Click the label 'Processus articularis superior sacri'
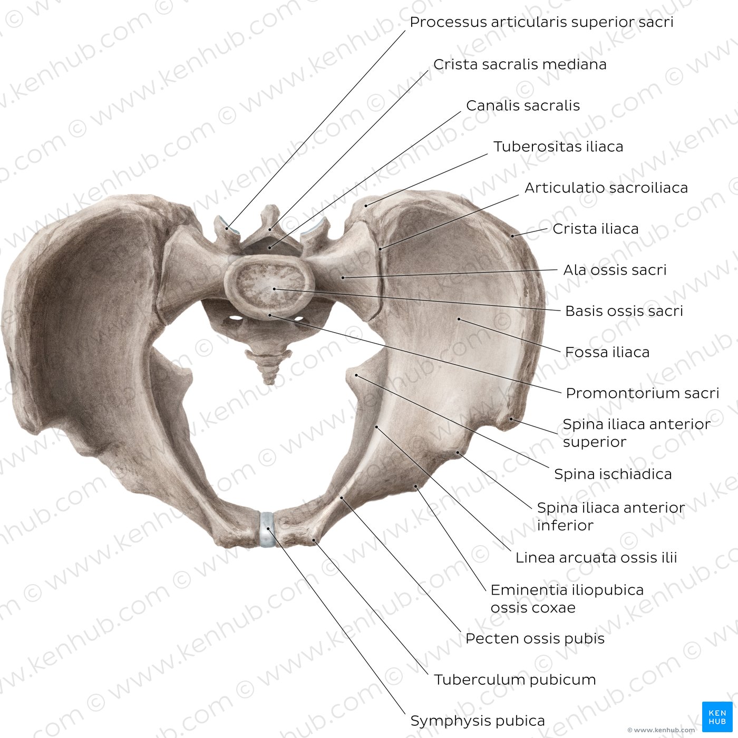(541, 22)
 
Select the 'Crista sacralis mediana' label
(520, 64)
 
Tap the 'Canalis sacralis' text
(523, 105)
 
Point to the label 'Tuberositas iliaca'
(558, 147)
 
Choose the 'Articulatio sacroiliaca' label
(606, 188)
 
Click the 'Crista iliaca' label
(596, 229)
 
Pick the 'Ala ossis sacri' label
(615, 270)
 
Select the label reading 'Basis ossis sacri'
(624, 311)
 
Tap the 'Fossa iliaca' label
(607, 352)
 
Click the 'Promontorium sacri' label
(642, 393)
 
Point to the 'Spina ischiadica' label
(613, 474)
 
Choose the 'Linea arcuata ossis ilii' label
(596, 557)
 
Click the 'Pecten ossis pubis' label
(535, 638)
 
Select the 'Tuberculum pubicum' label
(514, 680)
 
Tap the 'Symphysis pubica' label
(477, 721)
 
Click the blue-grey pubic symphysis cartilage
(267, 529)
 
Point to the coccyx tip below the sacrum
(269, 382)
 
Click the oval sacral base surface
(269, 285)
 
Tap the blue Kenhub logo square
(717, 716)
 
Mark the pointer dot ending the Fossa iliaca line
(459, 318)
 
